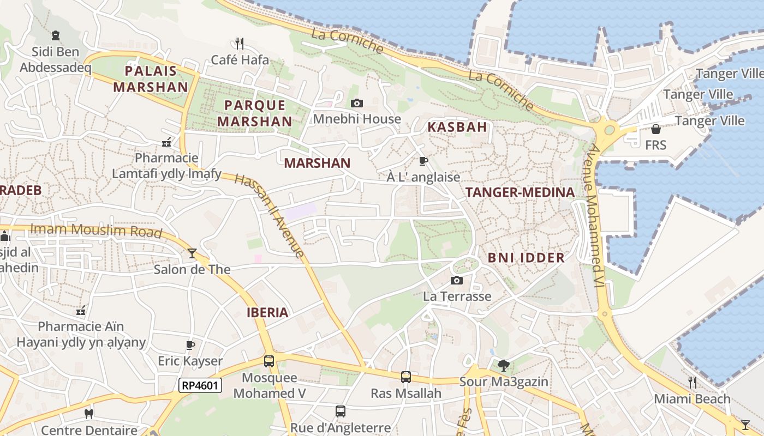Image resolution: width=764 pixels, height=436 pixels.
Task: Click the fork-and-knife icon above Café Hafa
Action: click(238, 43)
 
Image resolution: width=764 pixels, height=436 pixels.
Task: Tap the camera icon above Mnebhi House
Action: click(357, 103)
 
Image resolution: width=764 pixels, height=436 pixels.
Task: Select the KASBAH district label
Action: click(457, 127)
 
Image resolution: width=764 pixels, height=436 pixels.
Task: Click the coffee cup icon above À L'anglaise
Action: click(423, 161)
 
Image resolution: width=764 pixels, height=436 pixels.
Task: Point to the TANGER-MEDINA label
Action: click(520, 192)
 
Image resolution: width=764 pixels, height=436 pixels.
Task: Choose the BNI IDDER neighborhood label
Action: click(526, 258)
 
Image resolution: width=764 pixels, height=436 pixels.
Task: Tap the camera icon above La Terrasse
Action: click(457, 280)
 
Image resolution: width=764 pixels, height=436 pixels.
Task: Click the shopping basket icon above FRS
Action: click(656, 129)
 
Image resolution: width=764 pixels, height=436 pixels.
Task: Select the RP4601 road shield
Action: click(200, 385)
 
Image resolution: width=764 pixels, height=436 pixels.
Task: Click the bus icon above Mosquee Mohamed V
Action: click(269, 361)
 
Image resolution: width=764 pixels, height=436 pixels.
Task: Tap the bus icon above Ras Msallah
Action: click(406, 377)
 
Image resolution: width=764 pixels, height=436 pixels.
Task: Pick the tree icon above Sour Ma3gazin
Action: click(504, 365)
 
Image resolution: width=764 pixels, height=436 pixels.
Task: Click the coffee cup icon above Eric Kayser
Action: click(190, 345)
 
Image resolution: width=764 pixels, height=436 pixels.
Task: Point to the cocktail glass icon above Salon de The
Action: click(192, 253)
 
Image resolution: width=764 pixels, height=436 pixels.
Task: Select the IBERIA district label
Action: click(267, 312)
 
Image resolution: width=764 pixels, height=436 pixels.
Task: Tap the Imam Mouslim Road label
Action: click(96, 231)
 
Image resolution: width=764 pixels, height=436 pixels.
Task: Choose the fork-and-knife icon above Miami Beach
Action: click(692, 382)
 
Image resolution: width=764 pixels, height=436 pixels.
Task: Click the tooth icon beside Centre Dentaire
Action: click(89, 414)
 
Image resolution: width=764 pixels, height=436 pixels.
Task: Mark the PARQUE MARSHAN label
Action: click(255, 113)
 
